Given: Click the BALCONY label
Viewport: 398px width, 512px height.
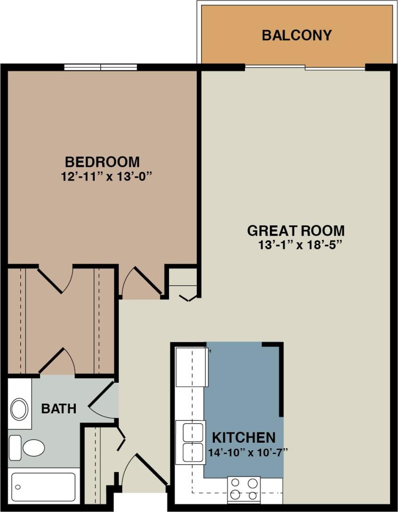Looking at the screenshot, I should (297, 35).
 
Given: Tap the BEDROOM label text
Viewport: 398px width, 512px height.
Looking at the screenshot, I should (102, 162).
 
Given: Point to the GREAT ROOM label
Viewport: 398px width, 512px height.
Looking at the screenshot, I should (296, 231).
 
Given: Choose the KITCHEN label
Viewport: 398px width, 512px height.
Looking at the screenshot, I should (244, 437).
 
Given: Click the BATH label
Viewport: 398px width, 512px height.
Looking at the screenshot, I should (58, 408).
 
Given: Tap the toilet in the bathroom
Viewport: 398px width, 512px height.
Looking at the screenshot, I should (28, 447).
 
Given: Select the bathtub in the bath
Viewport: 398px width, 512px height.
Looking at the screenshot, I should (43, 487).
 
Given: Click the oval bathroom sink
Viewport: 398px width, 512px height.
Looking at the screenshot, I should (19, 409).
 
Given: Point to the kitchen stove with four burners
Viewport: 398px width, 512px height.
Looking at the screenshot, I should (244, 489).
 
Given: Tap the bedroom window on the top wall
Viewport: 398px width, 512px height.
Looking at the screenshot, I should (100, 67).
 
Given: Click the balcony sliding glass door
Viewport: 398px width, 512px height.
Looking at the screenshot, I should (305, 67).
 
